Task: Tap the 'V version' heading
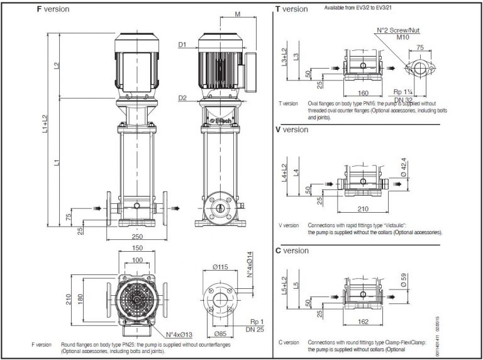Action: tap(292, 130)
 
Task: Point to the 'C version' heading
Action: tap(292, 250)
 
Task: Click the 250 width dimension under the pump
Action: tap(140, 236)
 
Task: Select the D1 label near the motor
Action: tap(182, 45)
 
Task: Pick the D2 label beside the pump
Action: tap(182, 98)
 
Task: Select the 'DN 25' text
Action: tap(256, 329)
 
